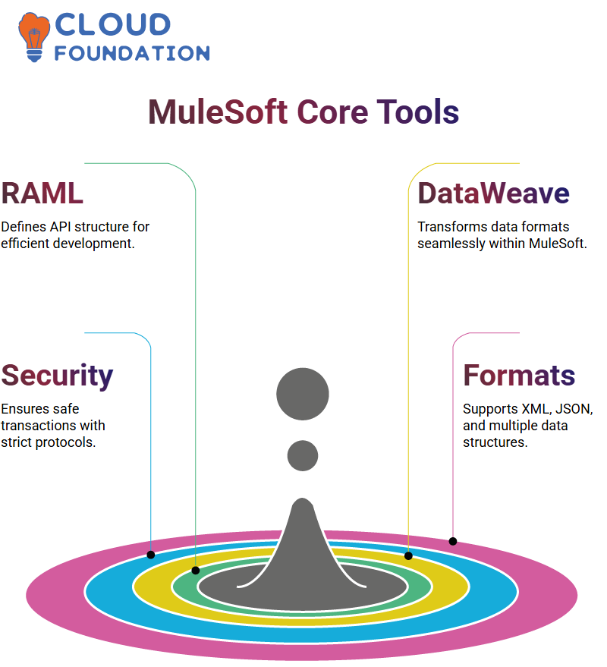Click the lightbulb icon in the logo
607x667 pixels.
pos(33,37)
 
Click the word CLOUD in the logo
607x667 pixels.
pos(113,24)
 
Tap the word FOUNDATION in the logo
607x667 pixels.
pos(132,53)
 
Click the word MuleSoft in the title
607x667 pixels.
pos(218,112)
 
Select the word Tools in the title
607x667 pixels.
pos(418,112)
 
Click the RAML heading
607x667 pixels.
pos(42,193)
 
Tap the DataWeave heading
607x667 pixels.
pos(493,193)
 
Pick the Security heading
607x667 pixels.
pos(57,376)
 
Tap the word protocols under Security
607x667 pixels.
pos(65,443)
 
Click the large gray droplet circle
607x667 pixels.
pos(303,394)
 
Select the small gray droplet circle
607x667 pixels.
pos(303,455)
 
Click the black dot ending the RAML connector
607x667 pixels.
pos(196,571)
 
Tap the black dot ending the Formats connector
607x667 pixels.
pos(453,542)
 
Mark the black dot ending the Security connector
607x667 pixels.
pos(151,555)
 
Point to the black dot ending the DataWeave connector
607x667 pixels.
pos(408,555)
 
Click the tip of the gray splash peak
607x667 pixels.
pos(303,499)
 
